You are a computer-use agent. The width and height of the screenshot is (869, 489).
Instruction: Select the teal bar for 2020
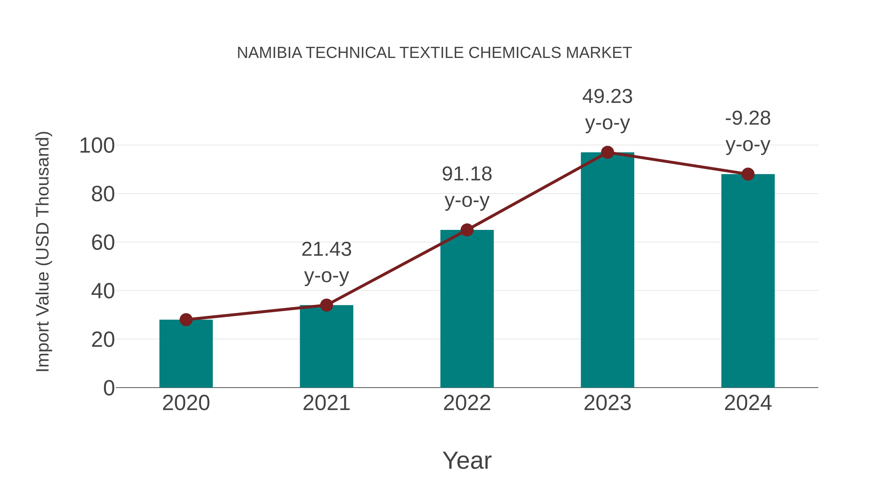[186, 354]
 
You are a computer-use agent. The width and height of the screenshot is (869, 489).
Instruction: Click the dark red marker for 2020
[186, 319]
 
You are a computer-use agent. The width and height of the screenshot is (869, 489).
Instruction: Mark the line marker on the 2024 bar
[748, 174]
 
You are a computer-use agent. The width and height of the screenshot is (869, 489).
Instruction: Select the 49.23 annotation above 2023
[607, 97]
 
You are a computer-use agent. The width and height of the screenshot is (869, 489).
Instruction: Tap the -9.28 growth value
[748, 119]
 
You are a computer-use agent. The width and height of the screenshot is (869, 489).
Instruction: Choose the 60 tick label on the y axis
[103, 243]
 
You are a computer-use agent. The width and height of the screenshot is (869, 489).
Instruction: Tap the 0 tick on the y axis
[109, 388]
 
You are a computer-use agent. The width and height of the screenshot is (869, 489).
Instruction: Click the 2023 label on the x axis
[607, 403]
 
